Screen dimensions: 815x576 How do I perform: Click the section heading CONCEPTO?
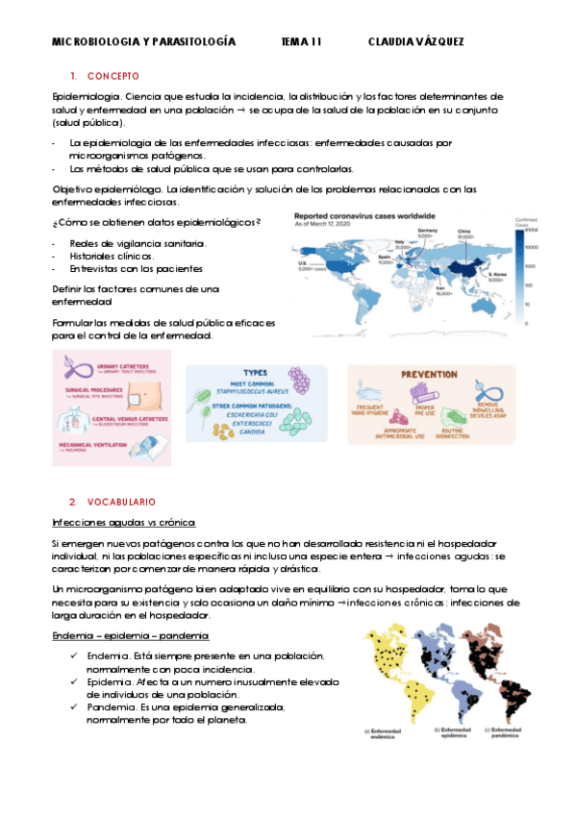(x=113, y=75)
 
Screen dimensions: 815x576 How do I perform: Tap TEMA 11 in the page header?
(x=301, y=42)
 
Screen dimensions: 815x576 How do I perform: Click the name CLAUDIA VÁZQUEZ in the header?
(x=415, y=42)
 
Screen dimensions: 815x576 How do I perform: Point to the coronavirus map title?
(x=365, y=216)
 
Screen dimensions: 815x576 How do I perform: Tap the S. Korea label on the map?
(x=497, y=276)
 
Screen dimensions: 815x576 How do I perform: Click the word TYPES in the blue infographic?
(x=255, y=373)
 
